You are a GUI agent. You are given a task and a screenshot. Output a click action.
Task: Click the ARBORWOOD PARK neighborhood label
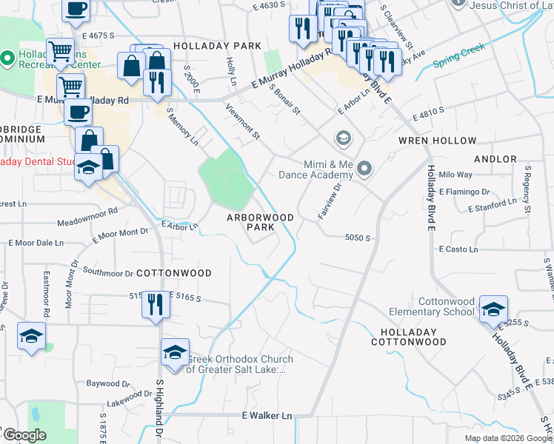(260, 222)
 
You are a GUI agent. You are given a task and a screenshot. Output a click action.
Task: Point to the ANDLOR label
(495, 159)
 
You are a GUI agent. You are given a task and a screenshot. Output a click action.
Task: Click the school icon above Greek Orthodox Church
(175, 352)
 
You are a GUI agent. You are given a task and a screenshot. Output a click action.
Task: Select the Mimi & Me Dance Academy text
(316, 169)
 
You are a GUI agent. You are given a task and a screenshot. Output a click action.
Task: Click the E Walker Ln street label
(267, 416)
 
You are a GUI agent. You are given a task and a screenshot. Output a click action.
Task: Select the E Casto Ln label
(458, 249)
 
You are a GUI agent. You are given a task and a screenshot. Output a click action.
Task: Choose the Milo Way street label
(455, 175)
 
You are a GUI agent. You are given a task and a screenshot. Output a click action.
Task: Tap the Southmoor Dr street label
(107, 272)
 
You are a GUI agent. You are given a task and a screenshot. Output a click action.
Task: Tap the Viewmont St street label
(247, 125)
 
